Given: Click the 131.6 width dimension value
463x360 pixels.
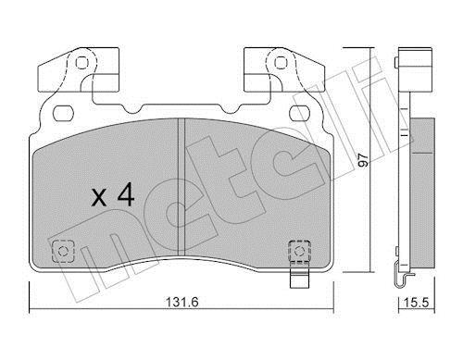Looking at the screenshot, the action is pos(182,302).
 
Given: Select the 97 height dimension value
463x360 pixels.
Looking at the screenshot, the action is pos(364,160).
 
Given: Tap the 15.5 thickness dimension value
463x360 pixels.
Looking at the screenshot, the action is pos(417,302).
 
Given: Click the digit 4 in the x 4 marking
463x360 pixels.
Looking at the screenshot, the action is pos(125,194).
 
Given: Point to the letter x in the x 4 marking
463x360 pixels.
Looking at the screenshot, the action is pos(99,198).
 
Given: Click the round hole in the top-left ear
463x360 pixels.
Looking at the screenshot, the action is pos(81,63).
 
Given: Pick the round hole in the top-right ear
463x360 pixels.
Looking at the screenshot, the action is pos(280,63).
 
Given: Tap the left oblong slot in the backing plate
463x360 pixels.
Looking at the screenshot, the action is pos(63,113).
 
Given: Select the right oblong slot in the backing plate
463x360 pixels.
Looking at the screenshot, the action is pos(299,113).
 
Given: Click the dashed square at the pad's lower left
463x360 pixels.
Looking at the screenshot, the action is pos(63,251).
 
